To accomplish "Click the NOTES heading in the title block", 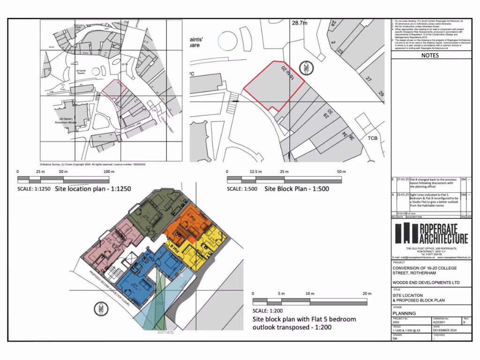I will (430, 55).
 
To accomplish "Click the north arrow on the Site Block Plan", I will (306, 68).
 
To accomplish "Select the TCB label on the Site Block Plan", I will (372, 138).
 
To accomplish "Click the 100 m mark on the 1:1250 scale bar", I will (109, 172).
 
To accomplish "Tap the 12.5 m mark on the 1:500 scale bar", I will (255, 172).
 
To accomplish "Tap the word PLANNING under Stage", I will (404, 313).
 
